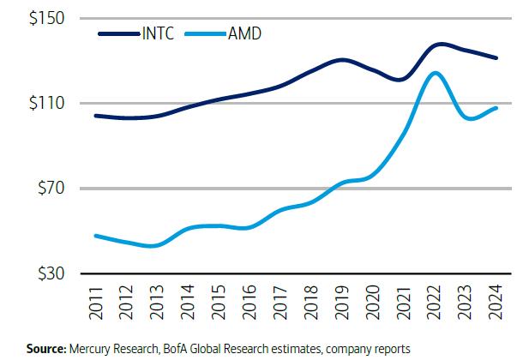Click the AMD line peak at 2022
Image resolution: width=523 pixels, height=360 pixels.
[x=436, y=73]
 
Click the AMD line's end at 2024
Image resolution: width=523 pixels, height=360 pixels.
[x=497, y=107]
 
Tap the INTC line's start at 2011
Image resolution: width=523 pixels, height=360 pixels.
[x=94, y=115]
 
